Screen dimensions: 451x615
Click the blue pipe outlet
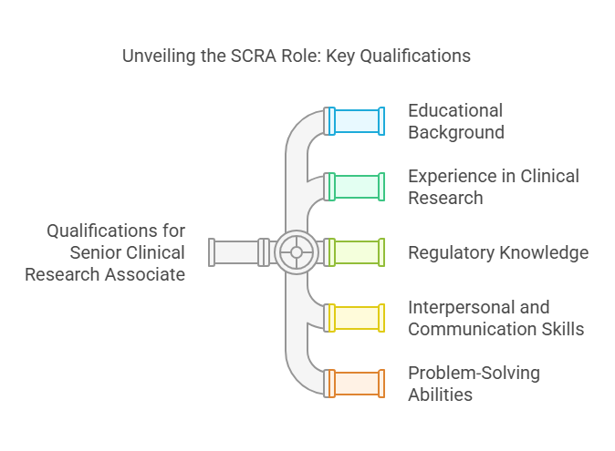click(356, 121)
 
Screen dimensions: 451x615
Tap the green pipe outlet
click(356, 186)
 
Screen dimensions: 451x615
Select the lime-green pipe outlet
click(356, 252)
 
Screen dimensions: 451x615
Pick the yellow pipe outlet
click(356, 317)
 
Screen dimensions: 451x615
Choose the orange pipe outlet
click(356, 383)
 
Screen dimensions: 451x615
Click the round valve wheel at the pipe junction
click(297, 252)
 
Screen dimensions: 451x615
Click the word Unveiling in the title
click(159, 56)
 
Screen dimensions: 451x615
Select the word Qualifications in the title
click(419, 56)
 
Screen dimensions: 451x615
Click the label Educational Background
click(455, 121)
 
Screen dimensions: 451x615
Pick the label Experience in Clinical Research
click(493, 186)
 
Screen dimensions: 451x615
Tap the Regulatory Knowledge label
click(497, 252)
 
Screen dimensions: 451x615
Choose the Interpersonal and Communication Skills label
click(495, 318)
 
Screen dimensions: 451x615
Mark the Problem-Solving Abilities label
click(474, 384)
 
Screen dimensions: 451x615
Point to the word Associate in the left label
click(147, 273)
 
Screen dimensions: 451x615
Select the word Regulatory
click(451, 252)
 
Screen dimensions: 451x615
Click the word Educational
click(455, 110)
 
